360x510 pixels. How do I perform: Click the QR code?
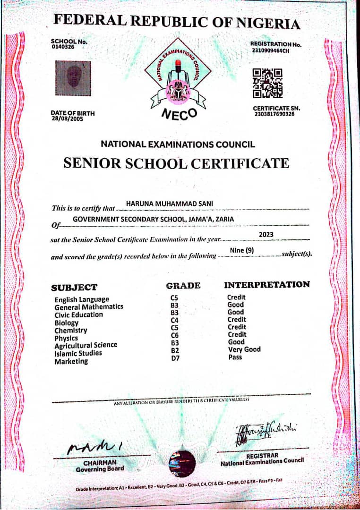pyautogui.click(x=267, y=83)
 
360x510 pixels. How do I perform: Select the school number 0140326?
pyautogui.click(x=62, y=47)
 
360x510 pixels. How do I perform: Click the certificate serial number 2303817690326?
pyautogui.click(x=274, y=114)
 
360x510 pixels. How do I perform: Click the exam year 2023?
pyautogui.click(x=266, y=234)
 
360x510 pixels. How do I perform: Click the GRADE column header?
pyautogui.click(x=183, y=285)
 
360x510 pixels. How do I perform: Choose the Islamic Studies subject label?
pyautogui.click(x=78, y=353)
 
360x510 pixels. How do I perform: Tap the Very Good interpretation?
pyautogui.click(x=244, y=349)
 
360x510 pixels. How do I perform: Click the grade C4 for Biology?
pyautogui.click(x=174, y=320)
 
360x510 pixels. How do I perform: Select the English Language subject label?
pyautogui.click(x=82, y=299)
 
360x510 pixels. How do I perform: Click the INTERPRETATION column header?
pyautogui.click(x=267, y=285)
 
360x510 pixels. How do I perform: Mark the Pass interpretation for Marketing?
pyautogui.click(x=234, y=357)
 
